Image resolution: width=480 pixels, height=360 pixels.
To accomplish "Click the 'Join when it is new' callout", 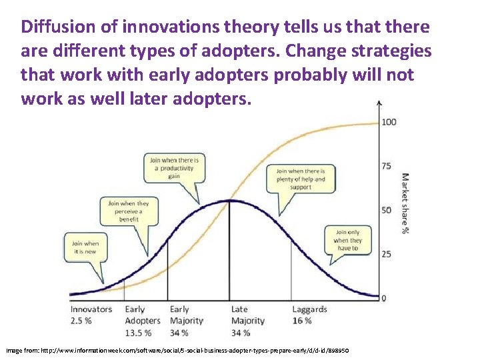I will coord(85,247).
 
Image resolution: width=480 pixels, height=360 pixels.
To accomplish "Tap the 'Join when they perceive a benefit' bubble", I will coord(124,211).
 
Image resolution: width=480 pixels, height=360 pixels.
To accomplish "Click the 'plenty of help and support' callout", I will coord(301,179).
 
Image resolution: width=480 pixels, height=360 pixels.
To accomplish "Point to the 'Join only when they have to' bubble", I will coord(347,240).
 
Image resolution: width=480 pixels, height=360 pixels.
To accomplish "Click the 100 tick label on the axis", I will coord(389,122).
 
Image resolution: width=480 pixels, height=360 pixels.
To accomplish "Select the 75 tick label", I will coord(386,166).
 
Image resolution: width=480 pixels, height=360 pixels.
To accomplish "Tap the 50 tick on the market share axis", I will coord(386,210).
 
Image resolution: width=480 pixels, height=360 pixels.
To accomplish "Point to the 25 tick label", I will coord(386,254).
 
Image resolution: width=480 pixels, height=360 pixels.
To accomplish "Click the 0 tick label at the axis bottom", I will coord(383,298).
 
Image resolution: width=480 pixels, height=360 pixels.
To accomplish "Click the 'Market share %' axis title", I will coord(405,204).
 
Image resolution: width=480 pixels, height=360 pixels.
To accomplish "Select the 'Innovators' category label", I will coord(91,309).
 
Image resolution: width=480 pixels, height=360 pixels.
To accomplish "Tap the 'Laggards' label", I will coord(309,309).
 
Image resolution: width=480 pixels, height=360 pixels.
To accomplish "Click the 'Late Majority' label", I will coord(247,315).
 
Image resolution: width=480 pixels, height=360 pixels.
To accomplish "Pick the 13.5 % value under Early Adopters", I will coord(138,333).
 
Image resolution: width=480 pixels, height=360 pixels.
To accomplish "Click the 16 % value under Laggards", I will coord(302,321).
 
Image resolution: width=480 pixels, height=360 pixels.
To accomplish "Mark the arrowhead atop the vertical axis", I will coord(379,103).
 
